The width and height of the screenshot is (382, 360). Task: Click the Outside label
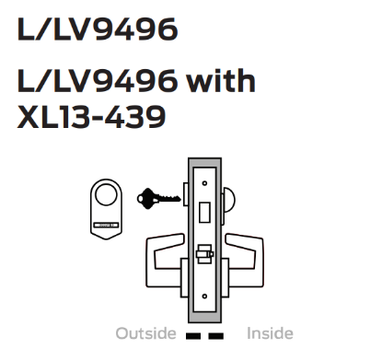click(145, 333)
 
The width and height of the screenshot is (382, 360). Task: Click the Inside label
click(268, 333)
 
